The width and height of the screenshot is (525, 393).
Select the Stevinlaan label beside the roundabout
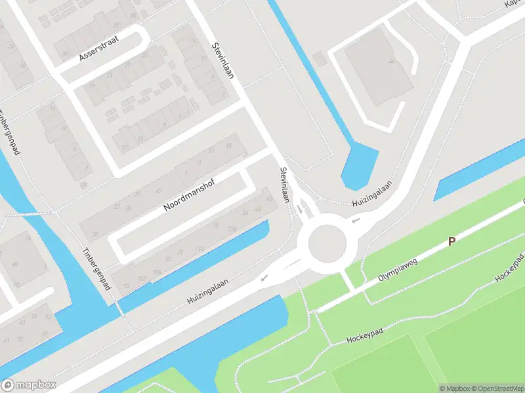click(284, 185)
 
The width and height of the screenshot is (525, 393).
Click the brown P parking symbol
click(451, 242)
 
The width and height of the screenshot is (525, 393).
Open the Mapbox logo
click(29, 385)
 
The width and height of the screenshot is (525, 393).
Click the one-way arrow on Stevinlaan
click(300, 210)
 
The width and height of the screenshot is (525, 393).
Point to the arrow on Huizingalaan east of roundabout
click(356, 220)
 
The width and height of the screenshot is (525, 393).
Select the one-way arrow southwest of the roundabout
click(264, 278)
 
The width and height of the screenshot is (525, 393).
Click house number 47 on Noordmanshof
click(158, 191)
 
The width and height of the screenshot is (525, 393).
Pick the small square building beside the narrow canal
click(320, 59)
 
